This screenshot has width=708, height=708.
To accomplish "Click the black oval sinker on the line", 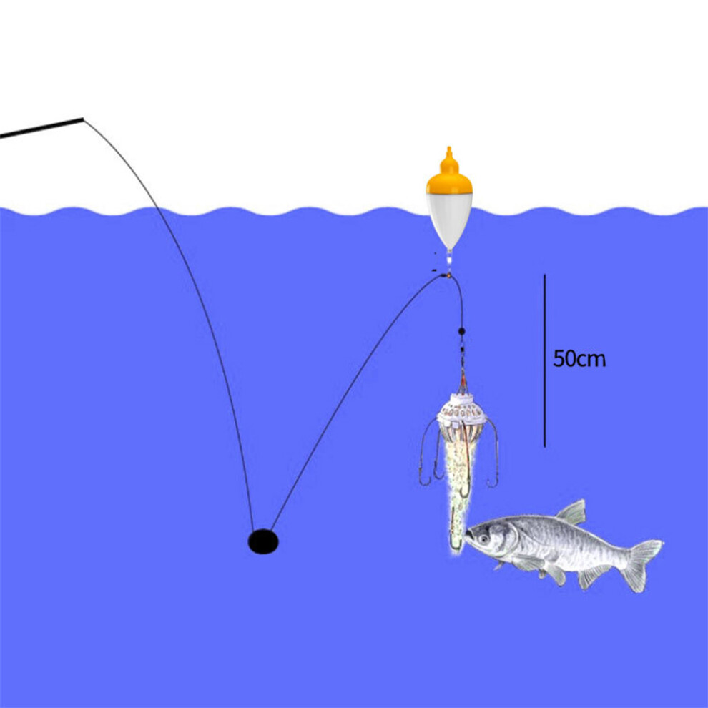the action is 263,541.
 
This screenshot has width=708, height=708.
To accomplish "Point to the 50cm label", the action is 579,359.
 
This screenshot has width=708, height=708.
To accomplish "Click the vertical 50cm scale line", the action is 544,360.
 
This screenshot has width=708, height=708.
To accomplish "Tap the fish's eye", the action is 484,539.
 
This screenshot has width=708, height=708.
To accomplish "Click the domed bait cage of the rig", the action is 461,411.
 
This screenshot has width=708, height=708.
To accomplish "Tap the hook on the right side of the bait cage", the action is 493,454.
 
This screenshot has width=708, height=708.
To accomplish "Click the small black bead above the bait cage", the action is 461,331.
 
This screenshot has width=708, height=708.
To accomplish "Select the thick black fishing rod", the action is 42,128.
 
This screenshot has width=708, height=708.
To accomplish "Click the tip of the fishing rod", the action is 84,119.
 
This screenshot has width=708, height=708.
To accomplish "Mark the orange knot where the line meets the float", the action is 448,275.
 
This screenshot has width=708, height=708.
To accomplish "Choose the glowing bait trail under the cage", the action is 460,488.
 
